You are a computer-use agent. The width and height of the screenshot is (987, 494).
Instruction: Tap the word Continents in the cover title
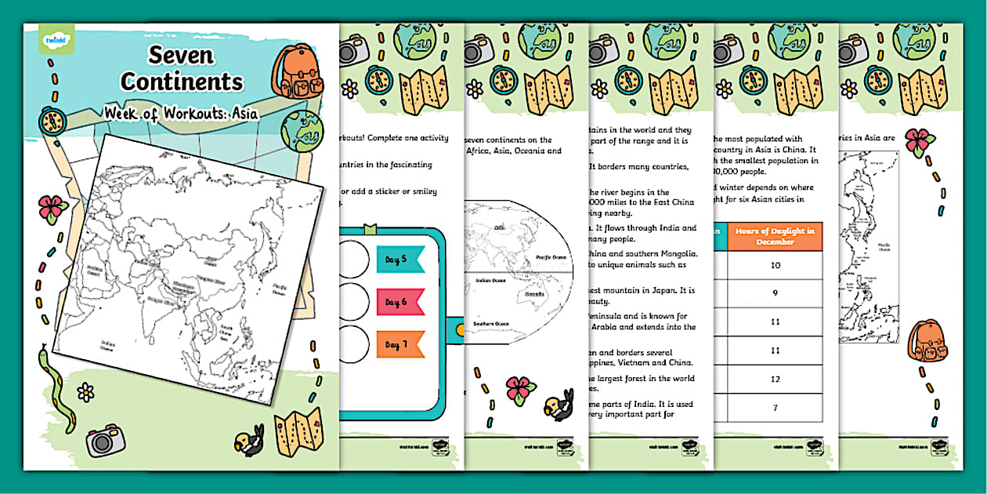point(182,82)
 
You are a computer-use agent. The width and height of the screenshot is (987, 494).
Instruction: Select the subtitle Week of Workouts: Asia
point(182,113)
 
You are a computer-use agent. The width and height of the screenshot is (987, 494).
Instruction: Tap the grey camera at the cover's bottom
point(106,440)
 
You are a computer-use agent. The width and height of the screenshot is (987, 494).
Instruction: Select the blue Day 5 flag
point(399,259)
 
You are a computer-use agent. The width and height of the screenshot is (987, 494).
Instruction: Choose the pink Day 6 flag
point(399,301)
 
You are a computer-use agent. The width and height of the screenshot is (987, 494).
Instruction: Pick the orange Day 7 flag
point(399,343)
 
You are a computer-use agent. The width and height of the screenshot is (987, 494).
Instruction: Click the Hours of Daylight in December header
point(775,236)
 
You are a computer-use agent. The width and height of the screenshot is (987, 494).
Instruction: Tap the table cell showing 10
point(775,266)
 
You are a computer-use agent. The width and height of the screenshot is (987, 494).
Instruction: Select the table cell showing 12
point(775,379)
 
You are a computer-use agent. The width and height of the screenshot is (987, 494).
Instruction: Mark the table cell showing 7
point(775,408)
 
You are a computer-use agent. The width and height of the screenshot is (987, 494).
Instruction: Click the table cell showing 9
point(775,294)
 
